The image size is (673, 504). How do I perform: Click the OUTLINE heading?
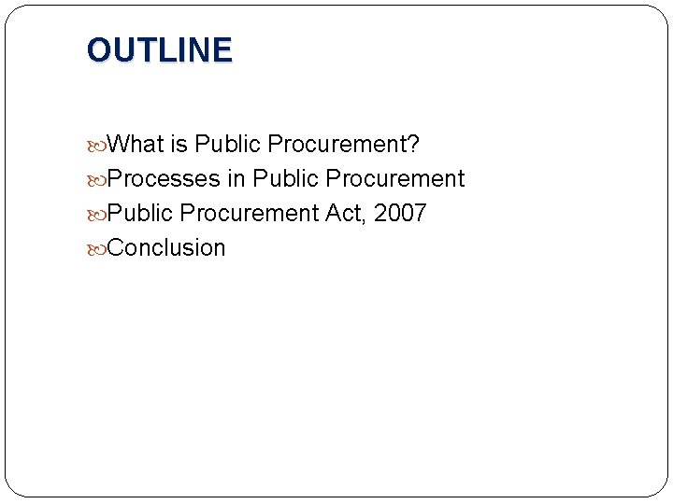click(x=159, y=50)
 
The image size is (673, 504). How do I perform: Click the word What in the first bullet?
click(x=136, y=145)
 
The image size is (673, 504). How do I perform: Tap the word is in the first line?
click(x=179, y=145)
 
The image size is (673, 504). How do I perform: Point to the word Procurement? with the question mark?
click(x=343, y=145)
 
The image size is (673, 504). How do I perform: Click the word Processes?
click(x=164, y=178)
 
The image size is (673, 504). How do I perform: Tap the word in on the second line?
click(x=236, y=178)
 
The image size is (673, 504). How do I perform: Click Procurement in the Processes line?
click(x=394, y=178)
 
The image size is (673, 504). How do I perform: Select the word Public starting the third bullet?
click(x=140, y=213)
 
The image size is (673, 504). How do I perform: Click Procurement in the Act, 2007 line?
click(x=249, y=213)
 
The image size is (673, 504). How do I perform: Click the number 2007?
click(x=400, y=213)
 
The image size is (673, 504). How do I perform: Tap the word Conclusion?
click(x=166, y=247)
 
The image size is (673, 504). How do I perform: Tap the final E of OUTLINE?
click(x=222, y=50)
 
